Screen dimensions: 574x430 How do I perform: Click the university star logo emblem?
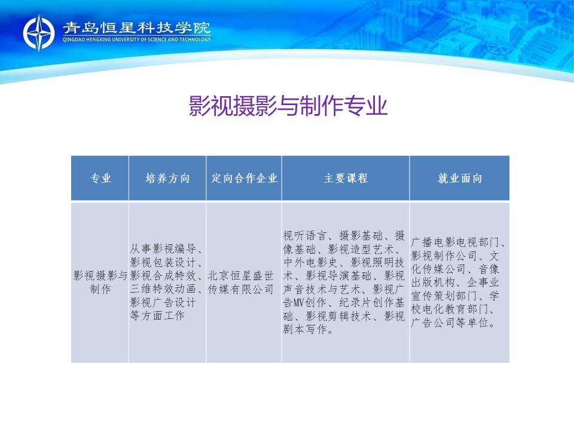point(38,32)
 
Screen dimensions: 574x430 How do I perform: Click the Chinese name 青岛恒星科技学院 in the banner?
point(136,28)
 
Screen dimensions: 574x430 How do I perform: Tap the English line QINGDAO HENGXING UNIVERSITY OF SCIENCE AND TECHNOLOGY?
point(136,39)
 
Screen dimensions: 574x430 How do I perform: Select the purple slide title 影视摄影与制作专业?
point(288,106)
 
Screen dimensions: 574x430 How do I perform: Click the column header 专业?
point(100,179)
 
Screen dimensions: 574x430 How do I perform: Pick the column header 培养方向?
point(167,179)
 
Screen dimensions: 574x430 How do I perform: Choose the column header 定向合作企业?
point(244,179)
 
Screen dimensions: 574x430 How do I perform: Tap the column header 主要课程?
point(346,179)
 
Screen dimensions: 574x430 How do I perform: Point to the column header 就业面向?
point(459,179)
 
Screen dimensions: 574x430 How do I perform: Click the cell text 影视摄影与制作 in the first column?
point(100,282)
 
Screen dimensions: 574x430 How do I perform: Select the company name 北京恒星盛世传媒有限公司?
point(240,282)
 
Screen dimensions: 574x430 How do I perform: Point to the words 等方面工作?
point(157,315)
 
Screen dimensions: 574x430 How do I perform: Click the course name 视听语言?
point(304,235)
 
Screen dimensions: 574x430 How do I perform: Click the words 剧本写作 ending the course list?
point(304,330)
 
